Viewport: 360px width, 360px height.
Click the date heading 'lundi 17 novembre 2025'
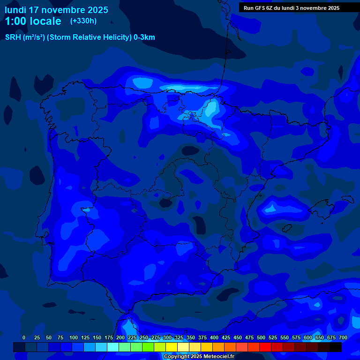click(56, 10)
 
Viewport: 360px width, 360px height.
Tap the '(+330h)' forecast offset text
click(83, 21)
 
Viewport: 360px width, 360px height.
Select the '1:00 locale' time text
click(33, 21)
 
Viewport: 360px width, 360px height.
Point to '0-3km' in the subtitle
click(144, 37)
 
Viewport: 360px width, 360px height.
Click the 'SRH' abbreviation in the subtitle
click(13, 37)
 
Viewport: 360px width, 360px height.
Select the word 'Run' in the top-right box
click(248, 8)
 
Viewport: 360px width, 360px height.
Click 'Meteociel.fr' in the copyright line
click(219, 357)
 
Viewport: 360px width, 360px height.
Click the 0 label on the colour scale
click(24, 337)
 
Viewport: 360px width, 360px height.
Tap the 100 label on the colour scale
click(74, 337)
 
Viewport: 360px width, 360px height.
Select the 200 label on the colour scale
click(120, 337)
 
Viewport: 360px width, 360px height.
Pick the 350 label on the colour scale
click(191, 337)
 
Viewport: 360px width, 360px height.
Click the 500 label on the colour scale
click(261, 337)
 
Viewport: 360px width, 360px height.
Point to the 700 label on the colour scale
click(343, 337)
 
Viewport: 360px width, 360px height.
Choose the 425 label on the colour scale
click(226, 337)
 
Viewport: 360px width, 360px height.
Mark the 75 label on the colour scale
click(60, 337)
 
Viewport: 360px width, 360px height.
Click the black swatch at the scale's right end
click(335, 347)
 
